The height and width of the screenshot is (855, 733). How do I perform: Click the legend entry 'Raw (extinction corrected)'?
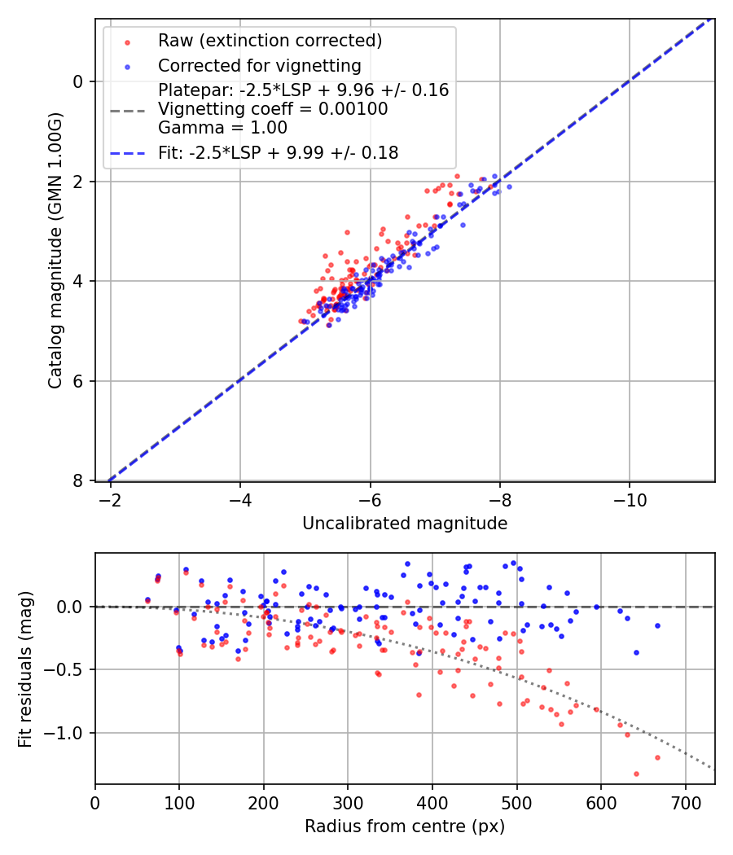click(x=270, y=41)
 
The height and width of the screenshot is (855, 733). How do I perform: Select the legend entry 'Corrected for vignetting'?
click(x=260, y=65)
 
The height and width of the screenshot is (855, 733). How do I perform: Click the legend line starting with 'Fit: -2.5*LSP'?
click(x=278, y=152)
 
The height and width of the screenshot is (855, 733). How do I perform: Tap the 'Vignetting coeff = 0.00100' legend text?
click(x=273, y=109)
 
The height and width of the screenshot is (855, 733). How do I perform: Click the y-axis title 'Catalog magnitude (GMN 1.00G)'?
click(x=55, y=250)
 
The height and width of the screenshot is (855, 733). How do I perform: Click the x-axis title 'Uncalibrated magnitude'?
click(x=405, y=524)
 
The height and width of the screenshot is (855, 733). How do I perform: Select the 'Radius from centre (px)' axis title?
click(x=405, y=826)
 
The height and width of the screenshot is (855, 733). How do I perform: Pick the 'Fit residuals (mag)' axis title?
click(x=25, y=669)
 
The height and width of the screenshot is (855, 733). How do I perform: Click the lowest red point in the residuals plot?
click(x=636, y=774)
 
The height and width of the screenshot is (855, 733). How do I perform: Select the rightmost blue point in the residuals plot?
click(x=657, y=625)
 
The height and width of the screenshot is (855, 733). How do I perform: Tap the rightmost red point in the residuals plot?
click(x=657, y=757)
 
